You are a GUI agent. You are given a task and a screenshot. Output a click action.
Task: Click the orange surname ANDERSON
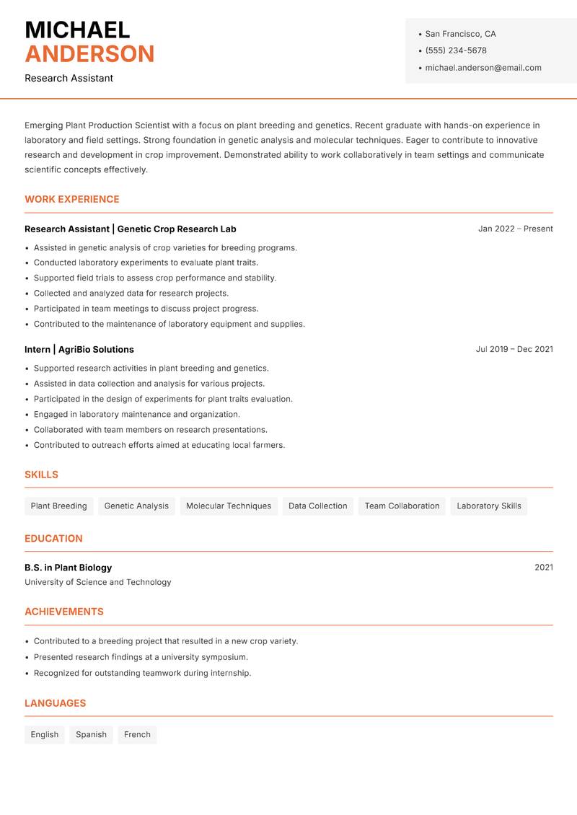[89, 54]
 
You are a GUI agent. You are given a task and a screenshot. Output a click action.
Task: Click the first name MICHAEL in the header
[77, 30]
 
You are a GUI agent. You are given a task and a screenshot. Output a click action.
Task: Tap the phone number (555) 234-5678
[456, 50]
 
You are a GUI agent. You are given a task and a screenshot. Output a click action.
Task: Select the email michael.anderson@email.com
[483, 68]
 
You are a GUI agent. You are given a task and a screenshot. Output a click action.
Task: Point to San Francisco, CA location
[460, 34]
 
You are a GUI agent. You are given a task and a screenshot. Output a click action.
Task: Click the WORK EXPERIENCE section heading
[72, 199]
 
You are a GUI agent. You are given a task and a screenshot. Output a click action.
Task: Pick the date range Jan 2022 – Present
[515, 229]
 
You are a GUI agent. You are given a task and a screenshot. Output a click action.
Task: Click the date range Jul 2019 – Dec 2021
[514, 349]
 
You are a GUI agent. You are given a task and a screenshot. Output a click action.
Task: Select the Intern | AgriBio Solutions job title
[79, 349]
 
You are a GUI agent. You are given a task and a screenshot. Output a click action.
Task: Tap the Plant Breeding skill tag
[58, 506]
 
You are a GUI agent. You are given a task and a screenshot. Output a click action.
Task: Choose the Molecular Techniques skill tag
[229, 506]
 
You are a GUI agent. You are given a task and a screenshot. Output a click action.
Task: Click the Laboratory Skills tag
[489, 506]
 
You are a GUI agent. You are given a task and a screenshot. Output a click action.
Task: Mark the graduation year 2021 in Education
[544, 568]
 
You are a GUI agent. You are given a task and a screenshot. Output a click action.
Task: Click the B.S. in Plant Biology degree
[69, 568]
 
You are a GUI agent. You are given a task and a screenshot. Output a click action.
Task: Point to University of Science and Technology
[98, 582]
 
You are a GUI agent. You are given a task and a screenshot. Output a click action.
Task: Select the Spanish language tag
[91, 735]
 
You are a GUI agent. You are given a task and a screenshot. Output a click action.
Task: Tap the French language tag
[137, 735]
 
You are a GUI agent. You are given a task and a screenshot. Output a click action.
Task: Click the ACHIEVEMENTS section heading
[64, 612]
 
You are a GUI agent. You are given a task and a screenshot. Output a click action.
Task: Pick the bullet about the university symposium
[141, 657]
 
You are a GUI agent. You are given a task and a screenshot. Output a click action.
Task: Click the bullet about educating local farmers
[159, 445]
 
